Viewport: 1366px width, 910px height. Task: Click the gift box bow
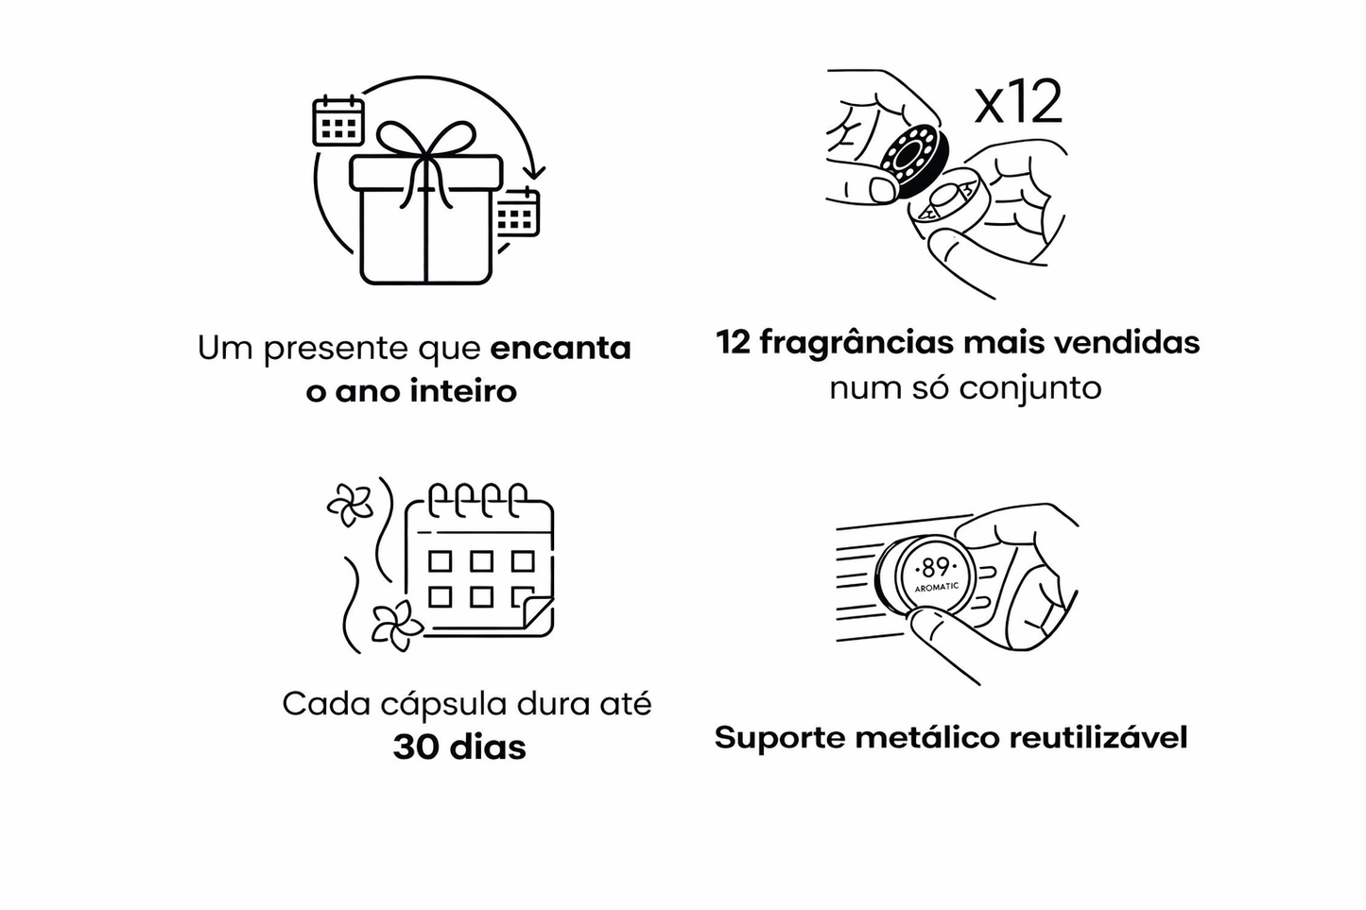click(x=434, y=143)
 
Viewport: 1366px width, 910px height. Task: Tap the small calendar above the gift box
click(x=337, y=120)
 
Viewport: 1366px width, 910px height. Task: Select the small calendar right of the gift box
click(x=517, y=213)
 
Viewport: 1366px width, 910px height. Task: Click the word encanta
click(x=561, y=348)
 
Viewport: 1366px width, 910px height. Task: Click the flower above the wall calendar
click(x=351, y=506)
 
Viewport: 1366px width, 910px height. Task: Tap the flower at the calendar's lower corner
click(x=396, y=625)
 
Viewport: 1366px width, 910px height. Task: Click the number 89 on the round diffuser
click(x=935, y=567)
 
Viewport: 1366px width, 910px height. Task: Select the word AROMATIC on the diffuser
click(x=937, y=587)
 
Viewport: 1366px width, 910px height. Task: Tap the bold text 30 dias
click(x=459, y=747)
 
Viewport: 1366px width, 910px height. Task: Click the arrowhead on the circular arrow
click(x=534, y=172)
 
